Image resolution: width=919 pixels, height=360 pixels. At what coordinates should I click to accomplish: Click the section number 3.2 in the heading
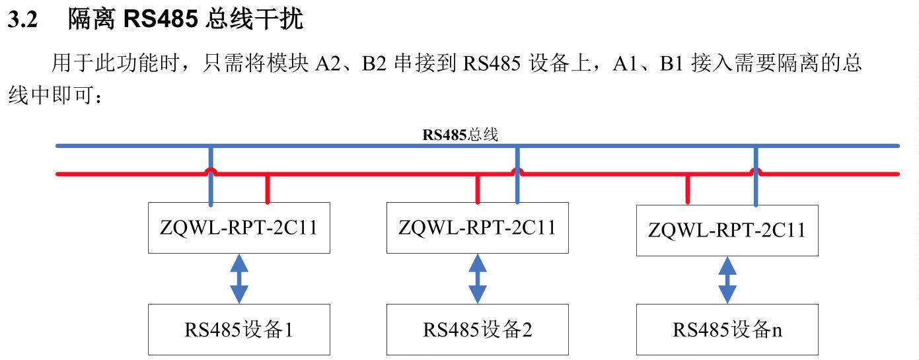coord(22,20)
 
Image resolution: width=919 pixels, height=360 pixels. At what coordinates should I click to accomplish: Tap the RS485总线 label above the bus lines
coord(460,135)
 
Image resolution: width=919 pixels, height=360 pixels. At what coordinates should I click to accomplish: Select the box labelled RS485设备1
coord(239,330)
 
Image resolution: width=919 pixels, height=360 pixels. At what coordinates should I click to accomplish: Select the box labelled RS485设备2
coord(477,330)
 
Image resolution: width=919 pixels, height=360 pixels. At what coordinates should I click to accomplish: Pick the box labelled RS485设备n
coord(727,330)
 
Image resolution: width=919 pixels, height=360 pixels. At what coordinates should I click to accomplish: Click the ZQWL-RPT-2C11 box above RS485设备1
coord(239,229)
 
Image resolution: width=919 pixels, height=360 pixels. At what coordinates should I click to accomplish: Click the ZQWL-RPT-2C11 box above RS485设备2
coord(477,228)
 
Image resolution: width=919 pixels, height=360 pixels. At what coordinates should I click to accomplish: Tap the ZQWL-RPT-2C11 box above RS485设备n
coord(727,231)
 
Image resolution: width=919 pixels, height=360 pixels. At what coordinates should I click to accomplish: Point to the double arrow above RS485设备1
coord(239,278)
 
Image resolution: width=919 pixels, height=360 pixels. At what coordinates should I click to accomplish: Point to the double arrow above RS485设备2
coord(477,278)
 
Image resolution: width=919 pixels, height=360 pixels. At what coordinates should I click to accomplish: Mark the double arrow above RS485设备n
coord(727,280)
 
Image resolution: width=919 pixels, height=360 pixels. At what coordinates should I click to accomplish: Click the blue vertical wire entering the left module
coord(211,189)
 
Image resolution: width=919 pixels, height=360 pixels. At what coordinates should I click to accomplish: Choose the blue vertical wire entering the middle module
coord(517,189)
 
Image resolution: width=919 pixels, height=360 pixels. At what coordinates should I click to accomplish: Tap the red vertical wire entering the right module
coord(688,190)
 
